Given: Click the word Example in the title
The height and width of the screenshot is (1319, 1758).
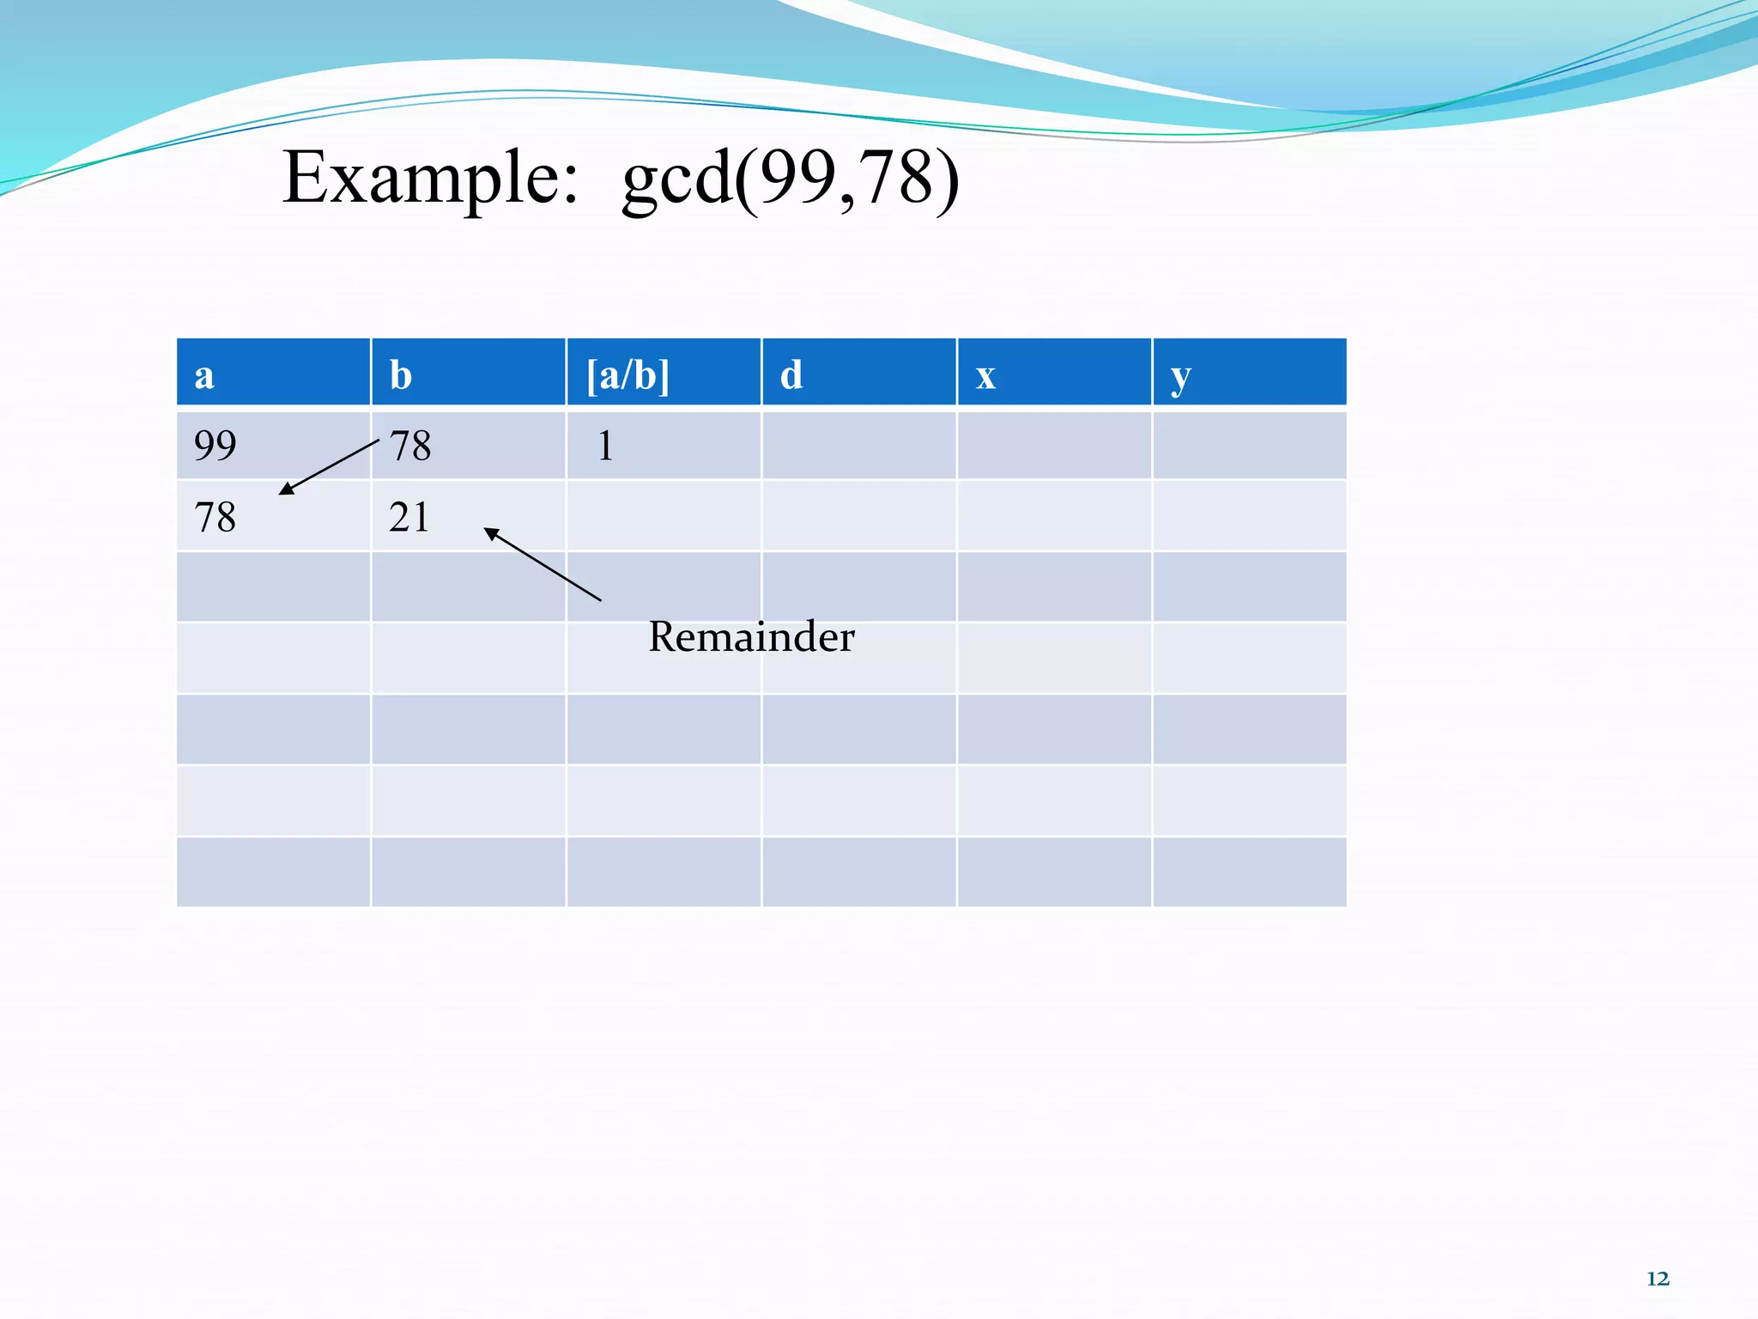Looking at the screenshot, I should pos(430,178).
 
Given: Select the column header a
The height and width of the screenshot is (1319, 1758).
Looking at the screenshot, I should pos(204,375).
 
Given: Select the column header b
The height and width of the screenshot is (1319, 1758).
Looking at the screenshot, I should pos(401,375).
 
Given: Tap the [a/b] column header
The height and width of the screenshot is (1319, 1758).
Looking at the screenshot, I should pos(627,375).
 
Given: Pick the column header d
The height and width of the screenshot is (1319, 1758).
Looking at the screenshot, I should pos(791,375).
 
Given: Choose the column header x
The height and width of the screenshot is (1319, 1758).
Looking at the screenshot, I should pos(985,375).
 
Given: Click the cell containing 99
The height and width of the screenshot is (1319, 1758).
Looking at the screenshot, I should pos(215,446).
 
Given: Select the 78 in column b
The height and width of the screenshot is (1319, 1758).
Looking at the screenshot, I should pos(410,446).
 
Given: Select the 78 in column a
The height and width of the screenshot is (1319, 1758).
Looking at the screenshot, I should pos(215,518).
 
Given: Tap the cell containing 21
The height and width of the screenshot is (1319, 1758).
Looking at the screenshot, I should pos(409,518).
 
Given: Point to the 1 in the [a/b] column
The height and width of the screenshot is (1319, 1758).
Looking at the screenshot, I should pos(605,446).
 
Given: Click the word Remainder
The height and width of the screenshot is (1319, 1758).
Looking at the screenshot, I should pos(751,637).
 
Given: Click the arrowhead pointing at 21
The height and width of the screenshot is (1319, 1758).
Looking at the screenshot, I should pos(491,533).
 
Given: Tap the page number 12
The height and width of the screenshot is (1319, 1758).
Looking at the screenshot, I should pos(1658,1279).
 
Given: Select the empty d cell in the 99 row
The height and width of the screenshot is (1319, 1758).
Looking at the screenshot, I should pos(858,446).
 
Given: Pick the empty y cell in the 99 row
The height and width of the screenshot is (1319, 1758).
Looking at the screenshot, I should pos(1249,446).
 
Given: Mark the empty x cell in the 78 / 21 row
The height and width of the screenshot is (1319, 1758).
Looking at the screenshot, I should pos(1054,516).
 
